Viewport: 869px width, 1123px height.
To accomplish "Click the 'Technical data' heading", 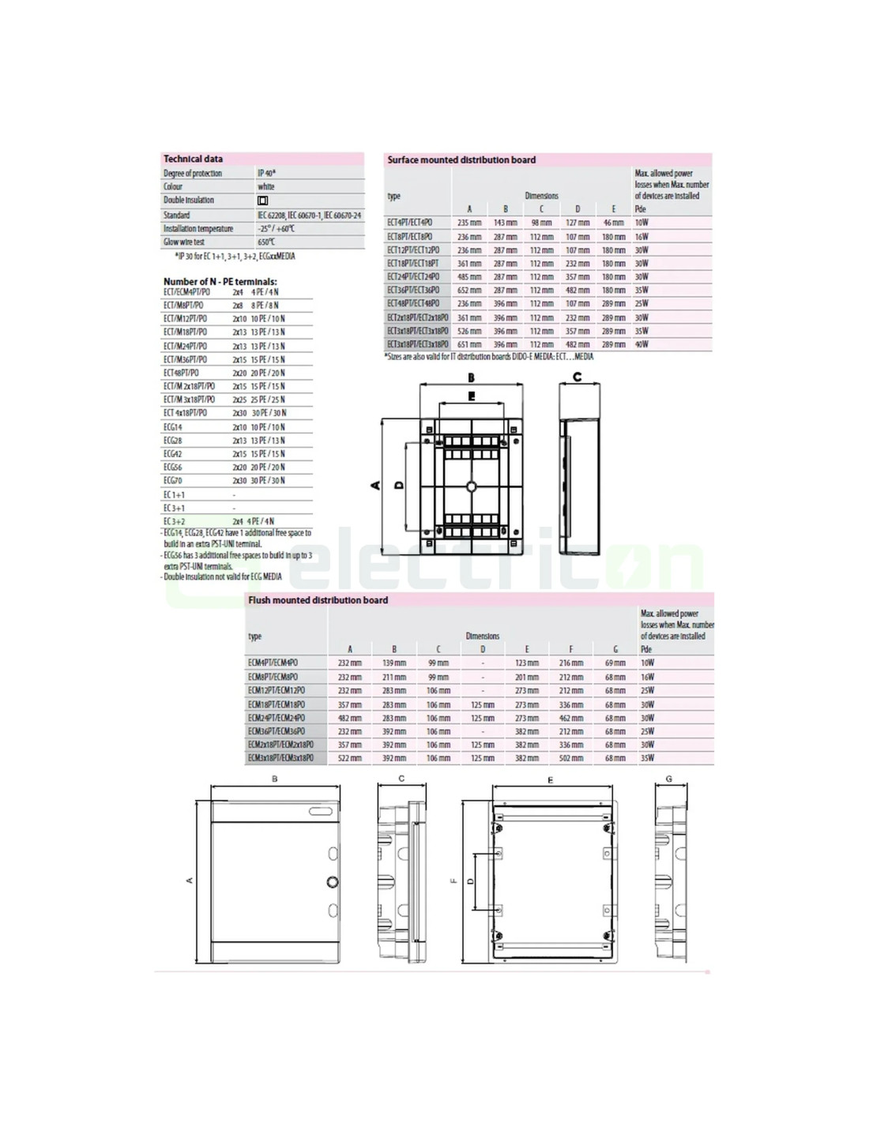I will [x=193, y=159].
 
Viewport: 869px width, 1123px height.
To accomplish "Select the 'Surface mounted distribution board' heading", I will [x=461, y=160].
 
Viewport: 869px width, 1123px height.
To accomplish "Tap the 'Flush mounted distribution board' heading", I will [x=318, y=600].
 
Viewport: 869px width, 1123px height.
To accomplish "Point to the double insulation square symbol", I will [x=263, y=201].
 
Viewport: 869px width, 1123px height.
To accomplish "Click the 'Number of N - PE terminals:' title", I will [x=220, y=281].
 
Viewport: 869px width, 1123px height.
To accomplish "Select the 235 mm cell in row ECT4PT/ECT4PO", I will [x=469, y=223].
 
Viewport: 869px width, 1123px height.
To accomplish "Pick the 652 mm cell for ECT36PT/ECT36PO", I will [x=469, y=291].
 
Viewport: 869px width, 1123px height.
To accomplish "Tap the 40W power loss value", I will [x=641, y=344].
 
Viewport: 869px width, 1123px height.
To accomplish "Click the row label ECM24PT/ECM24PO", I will [x=276, y=718].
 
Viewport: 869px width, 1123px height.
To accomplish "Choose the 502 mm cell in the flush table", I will [x=570, y=758].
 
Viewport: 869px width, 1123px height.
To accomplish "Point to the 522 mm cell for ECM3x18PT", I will [x=349, y=758].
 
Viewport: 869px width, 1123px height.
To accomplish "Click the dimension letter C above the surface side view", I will [x=577, y=377].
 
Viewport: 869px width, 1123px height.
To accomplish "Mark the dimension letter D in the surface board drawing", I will [x=398, y=484].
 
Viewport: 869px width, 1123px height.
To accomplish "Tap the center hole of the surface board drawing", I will [x=471, y=486].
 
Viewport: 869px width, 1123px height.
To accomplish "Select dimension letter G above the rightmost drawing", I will [x=668, y=779].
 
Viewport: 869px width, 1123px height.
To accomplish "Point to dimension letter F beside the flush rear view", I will [x=453, y=881].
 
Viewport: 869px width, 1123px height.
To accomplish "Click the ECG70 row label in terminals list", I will [x=173, y=480].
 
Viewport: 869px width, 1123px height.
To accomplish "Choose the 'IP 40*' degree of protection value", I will [x=266, y=173].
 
